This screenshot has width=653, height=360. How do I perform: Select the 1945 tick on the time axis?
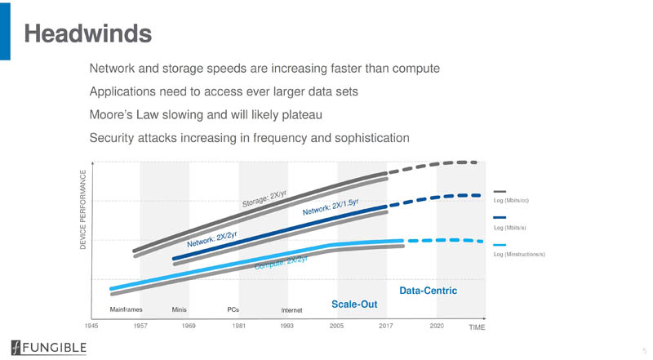tap(93, 326)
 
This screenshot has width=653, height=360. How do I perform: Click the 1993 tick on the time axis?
tap(287, 326)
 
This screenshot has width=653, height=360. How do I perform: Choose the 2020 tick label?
tap(437, 326)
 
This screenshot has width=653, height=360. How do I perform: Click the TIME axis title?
tap(477, 327)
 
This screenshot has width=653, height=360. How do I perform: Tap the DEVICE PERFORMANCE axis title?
tap(82, 211)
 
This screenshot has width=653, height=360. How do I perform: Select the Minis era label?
tap(180, 310)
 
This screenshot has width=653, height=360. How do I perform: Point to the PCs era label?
tap(233, 310)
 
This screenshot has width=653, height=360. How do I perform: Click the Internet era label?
tap(291, 311)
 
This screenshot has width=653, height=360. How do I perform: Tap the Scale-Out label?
tap(353, 304)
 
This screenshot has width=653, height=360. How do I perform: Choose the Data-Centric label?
tap(427, 290)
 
